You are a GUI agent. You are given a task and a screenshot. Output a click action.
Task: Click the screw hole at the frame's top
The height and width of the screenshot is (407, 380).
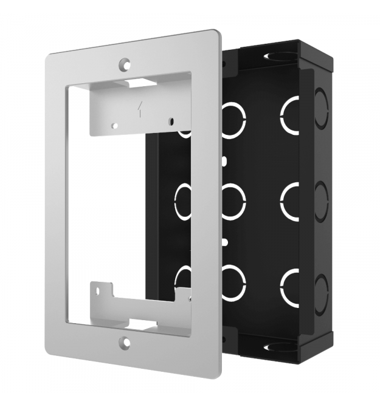coord(125,63)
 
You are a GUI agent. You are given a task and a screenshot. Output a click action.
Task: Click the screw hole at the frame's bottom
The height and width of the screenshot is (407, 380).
coord(125,343)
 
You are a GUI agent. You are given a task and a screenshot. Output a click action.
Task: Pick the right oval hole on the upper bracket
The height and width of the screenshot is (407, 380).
coord(171,121)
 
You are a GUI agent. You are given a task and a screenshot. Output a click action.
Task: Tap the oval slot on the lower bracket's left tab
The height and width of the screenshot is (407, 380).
coord(95,294)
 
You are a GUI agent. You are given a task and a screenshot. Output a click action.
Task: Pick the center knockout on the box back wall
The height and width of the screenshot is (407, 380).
coord(233,200)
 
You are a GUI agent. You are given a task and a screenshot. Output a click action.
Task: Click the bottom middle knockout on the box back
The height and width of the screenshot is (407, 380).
coord(233,283)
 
